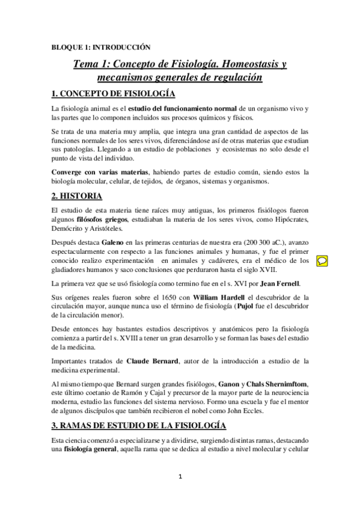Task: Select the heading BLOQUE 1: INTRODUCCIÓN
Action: pos(100,46)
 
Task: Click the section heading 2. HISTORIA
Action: pos(76,196)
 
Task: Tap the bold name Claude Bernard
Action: pos(152,361)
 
